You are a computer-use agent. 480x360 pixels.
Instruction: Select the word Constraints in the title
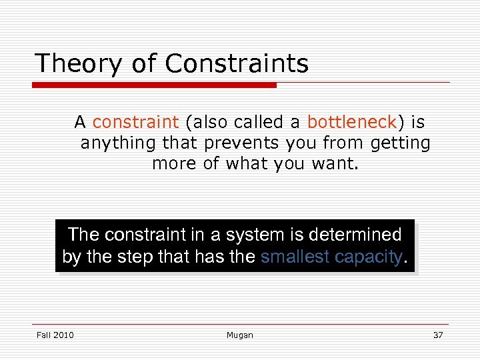click(237, 64)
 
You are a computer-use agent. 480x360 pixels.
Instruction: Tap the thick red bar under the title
click(155, 85)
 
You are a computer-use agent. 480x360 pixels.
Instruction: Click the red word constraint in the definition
click(135, 123)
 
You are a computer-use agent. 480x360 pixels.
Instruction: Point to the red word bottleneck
click(351, 123)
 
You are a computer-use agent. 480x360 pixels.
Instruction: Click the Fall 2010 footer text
click(55, 335)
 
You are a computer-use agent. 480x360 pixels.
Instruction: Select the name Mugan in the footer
click(239, 335)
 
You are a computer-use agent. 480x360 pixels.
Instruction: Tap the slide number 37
click(437, 335)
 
